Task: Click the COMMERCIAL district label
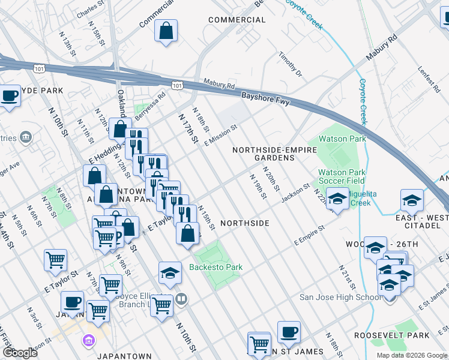[237, 20]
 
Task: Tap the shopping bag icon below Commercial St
[166, 32]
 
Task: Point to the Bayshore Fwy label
[265, 98]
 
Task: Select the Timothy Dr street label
[290, 65]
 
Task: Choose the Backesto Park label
[215, 267]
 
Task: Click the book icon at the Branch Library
[182, 298]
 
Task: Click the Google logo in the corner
[20, 353]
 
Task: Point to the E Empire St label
[309, 235]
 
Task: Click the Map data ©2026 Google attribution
[412, 355]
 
